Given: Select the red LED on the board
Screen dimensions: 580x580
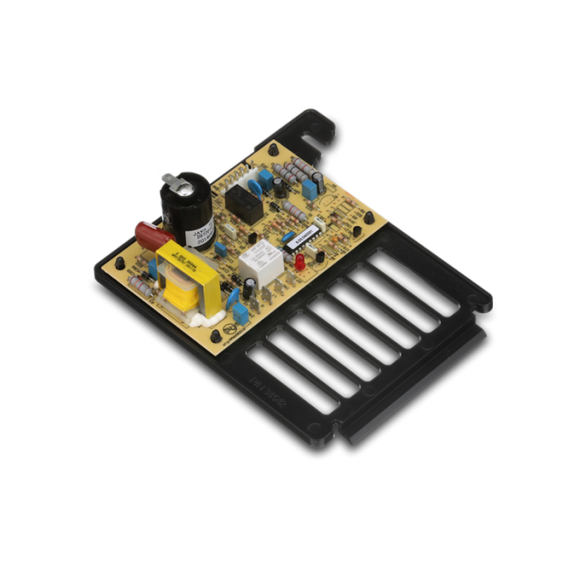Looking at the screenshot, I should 297,262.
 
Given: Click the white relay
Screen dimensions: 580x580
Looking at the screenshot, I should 259,265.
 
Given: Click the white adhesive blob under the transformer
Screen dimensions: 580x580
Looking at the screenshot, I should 201,317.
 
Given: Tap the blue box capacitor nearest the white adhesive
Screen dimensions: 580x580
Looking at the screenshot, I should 240,313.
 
